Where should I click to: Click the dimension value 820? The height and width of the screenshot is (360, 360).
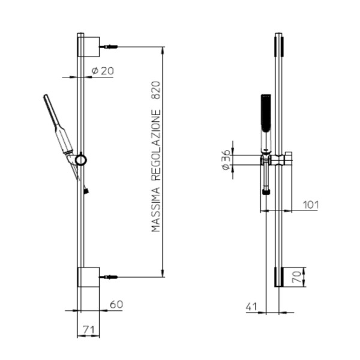click(x=156, y=90)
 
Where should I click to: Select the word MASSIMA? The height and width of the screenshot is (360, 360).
click(x=155, y=210)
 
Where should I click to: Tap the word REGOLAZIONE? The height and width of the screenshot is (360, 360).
click(x=156, y=146)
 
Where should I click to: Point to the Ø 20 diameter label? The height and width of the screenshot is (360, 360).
click(x=103, y=71)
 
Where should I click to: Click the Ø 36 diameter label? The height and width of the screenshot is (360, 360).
click(x=226, y=160)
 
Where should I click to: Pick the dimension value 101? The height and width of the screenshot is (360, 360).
click(x=311, y=205)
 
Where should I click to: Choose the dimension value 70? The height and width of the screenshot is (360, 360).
click(x=296, y=277)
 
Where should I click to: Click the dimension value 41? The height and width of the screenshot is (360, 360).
click(x=251, y=307)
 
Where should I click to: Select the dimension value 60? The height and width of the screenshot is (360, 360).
click(x=116, y=304)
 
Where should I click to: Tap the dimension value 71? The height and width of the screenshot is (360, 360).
click(x=88, y=330)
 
